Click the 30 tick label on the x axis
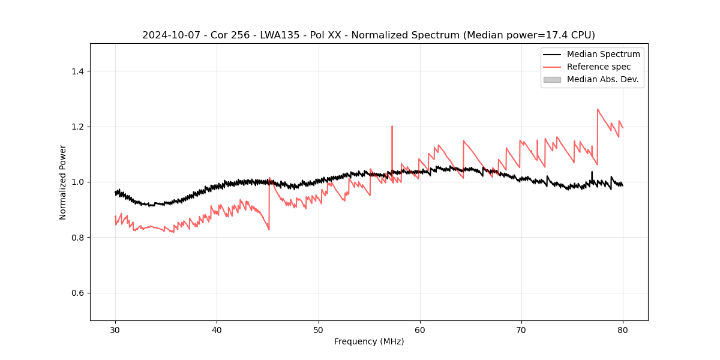(x=115, y=330)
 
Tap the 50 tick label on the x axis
(x=319, y=330)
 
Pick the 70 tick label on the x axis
(x=521, y=330)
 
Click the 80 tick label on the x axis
(x=623, y=330)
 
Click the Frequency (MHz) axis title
(x=369, y=341)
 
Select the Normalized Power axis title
(x=63, y=182)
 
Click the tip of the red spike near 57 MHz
(x=392, y=126)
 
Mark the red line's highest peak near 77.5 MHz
(x=598, y=109)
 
